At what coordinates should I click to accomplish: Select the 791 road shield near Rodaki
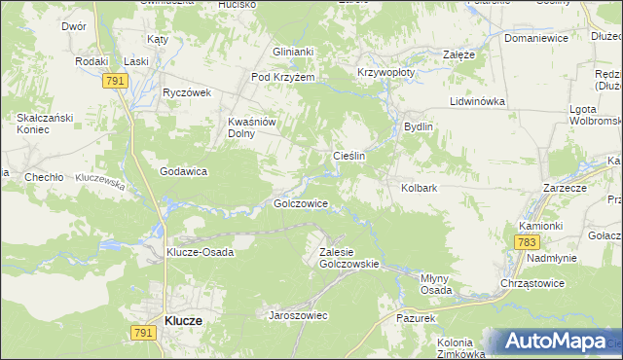coord(114,83)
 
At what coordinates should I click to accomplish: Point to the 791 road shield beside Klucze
coord(142,332)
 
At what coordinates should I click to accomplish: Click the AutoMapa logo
coord(556,342)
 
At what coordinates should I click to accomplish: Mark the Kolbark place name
coord(421,188)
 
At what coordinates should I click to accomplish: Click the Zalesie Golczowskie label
coord(348,257)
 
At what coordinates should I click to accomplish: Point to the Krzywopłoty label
coord(385,72)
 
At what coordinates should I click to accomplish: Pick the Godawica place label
coord(183,171)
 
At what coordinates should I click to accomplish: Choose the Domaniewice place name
coord(535,39)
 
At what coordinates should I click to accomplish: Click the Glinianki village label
coord(293,53)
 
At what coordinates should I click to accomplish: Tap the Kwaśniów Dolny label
coord(253,127)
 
